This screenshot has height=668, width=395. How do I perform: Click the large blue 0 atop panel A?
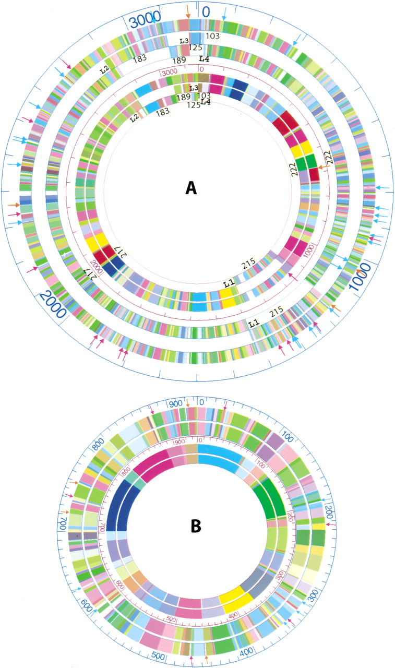click(x=206, y=11)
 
